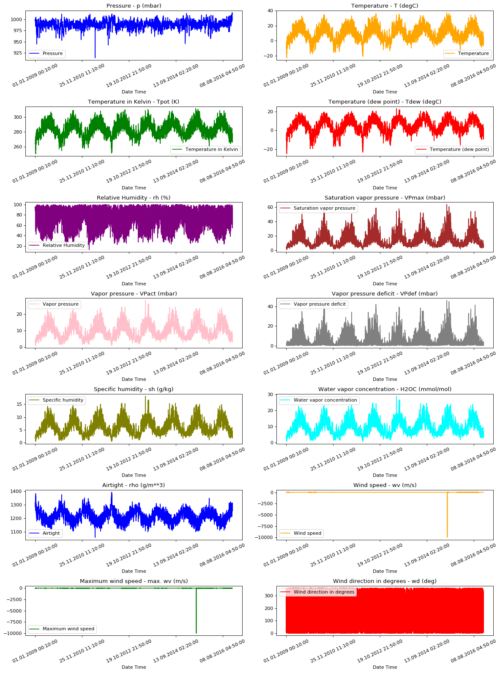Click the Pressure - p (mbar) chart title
click(x=134, y=6)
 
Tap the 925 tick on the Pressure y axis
click(x=18, y=53)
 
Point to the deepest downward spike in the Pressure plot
click(x=95, y=57)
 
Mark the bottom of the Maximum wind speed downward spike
click(x=196, y=632)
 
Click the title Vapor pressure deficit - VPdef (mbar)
click(x=384, y=293)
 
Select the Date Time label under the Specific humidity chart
click(x=134, y=475)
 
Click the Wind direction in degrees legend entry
click(x=324, y=592)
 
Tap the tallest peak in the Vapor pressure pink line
click(x=145, y=301)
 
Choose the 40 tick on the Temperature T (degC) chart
click(x=269, y=11)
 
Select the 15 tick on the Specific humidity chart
click(x=19, y=404)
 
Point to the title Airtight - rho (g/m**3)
click(x=134, y=485)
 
